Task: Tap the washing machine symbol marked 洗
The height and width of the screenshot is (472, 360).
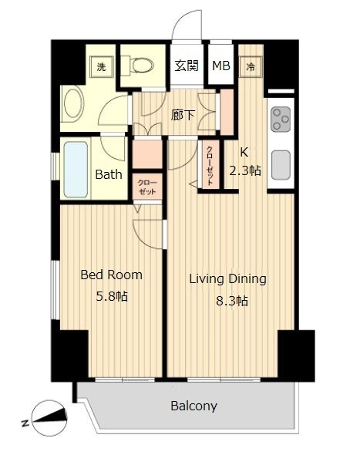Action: pyautogui.click(x=101, y=66)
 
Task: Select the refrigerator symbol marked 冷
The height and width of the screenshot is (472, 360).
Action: pyautogui.click(x=251, y=66)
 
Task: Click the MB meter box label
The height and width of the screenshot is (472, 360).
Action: pyautogui.click(x=221, y=66)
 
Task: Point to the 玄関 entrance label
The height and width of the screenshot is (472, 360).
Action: pyautogui.click(x=187, y=66)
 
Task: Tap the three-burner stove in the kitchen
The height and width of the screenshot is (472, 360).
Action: pyautogui.click(x=281, y=120)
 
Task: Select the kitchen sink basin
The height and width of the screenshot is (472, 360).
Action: pyautogui.click(x=281, y=165)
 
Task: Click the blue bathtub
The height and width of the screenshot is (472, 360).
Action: pyautogui.click(x=76, y=170)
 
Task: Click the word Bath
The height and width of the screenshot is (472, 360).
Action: pyautogui.click(x=109, y=174)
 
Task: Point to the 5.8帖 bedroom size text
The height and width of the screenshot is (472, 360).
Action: pyautogui.click(x=112, y=296)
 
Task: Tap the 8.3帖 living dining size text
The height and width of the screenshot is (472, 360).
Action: pyautogui.click(x=232, y=301)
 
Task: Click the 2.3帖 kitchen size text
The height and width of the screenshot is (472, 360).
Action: pyautogui.click(x=245, y=170)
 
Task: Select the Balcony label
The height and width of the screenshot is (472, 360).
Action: pyautogui.click(x=193, y=406)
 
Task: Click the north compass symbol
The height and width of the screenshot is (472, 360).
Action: pyautogui.click(x=49, y=418)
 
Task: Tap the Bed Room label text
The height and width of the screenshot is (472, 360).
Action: pyautogui.click(x=111, y=275)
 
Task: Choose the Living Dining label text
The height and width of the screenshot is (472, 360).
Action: pyautogui.click(x=227, y=279)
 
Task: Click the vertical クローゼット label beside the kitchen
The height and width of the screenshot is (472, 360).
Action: pyautogui.click(x=210, y=166)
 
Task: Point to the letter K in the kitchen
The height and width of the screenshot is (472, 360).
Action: pyautogui.click(x=244, y=153)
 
